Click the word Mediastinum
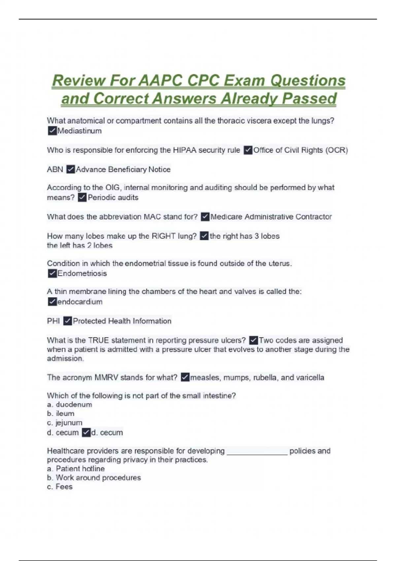(80, 131)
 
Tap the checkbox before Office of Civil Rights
(248, 150)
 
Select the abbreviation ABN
(55, 170)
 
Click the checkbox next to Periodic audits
(82, 198)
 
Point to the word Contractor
(313, 217)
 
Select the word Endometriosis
(82, 274)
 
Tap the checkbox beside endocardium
(52, 302)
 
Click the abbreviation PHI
(53, 321)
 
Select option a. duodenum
(70, 405)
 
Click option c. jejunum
(65, 423)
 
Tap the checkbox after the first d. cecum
(86, 433)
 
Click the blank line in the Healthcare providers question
(257, 452)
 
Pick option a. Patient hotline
(76, 469)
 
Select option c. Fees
(60, 487)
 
